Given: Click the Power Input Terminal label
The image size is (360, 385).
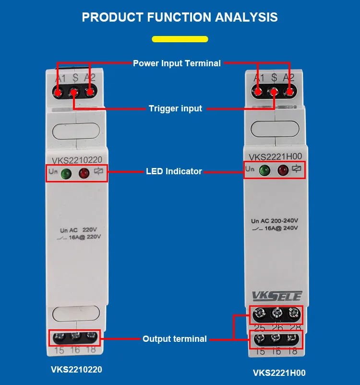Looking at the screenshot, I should (177, 63).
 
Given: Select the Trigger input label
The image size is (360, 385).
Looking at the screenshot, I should (175, 108).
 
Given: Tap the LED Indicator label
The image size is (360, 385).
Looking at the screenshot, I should (174, 171).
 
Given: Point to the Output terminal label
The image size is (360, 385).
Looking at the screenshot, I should (175, 339).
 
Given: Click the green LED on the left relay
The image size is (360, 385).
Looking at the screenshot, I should (66, 174).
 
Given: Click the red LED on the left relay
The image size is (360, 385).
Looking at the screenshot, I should (84, 173).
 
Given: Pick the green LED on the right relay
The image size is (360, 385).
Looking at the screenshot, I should (264, 170).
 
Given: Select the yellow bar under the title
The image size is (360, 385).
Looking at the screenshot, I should (180, 39).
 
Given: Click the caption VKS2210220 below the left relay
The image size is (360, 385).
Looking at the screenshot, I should (76, 370).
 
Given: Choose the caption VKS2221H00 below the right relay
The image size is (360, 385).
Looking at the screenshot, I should (279, 373).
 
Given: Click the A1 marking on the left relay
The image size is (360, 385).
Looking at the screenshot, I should (60, 78).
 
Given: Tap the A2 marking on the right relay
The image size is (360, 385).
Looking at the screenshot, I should (288, 78).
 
